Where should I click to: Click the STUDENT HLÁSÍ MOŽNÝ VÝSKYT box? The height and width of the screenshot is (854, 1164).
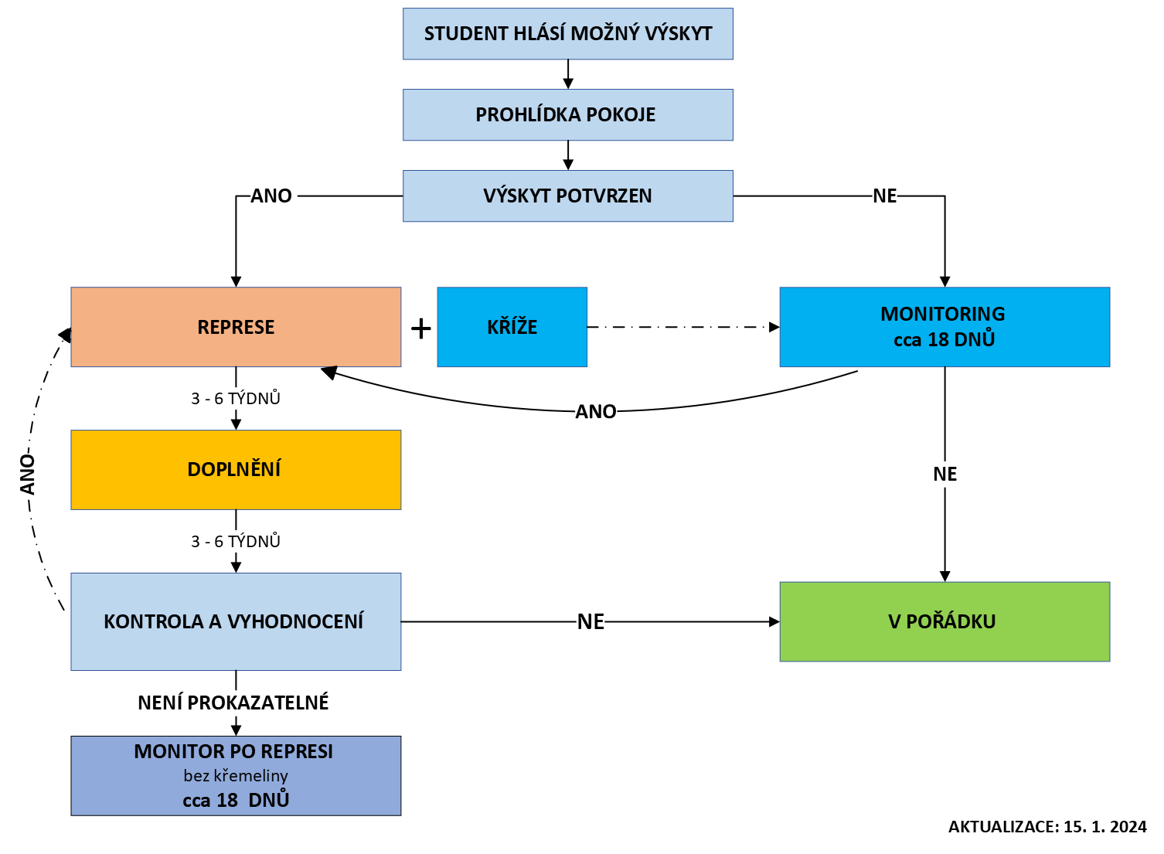[567, 34]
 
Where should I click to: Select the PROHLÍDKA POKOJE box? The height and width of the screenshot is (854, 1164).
[567, 115]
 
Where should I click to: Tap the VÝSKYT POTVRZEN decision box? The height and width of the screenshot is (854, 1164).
[567, 196]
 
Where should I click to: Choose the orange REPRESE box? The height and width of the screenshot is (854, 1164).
[236, 327]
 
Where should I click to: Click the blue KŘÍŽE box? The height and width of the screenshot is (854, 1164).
[512, 327]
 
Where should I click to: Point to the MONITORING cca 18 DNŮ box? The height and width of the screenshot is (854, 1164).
[944, 327]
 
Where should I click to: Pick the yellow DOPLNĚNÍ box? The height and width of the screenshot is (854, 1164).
[236, 470]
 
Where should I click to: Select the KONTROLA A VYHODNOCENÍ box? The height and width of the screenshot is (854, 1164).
[236, 621]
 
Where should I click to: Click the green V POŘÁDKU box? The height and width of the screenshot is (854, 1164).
[944, 621]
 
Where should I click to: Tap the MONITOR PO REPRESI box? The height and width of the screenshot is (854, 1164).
[236, 775]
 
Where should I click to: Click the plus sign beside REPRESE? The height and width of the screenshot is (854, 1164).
[420, 329]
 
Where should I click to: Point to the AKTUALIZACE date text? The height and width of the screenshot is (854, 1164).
[1047, 827]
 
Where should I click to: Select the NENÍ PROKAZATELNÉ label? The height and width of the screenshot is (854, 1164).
[233, 703]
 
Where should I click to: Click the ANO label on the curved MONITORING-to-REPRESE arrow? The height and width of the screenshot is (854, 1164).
[596, 412]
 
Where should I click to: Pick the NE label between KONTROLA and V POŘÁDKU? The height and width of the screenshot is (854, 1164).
[591, 622]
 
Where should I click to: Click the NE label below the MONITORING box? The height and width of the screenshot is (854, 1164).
[944, 475]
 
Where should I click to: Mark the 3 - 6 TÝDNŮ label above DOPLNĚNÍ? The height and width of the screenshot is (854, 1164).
[236, 399]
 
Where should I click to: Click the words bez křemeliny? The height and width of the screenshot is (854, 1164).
[236, 776]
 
